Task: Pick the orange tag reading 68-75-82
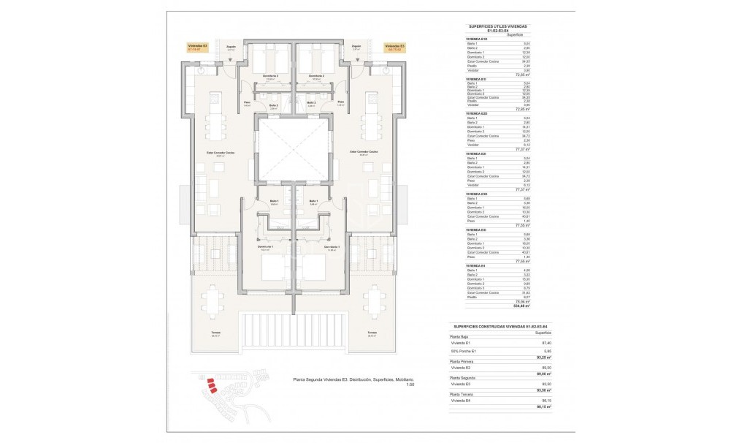394,48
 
